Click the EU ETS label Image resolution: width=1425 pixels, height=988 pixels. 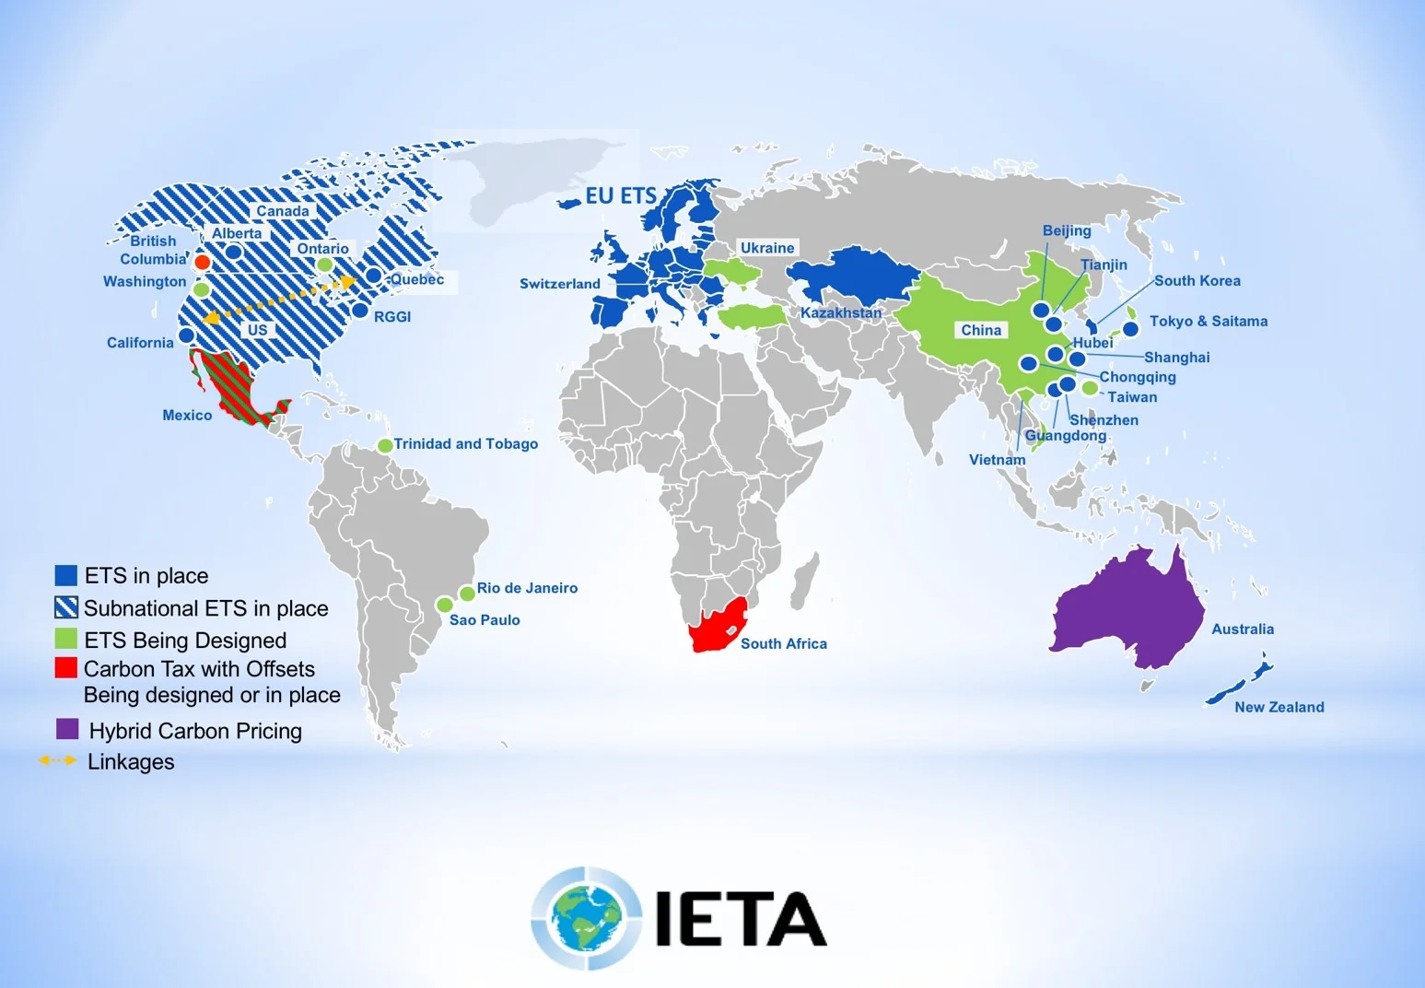coord(621,195)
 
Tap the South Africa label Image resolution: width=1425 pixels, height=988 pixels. coord(783,643)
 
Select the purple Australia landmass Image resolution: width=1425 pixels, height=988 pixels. coord(1128,608)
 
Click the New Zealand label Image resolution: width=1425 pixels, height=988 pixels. coord(1279,707)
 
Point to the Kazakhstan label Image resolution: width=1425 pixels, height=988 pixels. coord(840,312)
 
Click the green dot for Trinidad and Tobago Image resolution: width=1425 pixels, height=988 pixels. coord(385,445)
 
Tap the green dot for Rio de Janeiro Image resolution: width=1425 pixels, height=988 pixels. coord(467,594)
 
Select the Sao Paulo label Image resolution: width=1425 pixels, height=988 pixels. coord(485,619)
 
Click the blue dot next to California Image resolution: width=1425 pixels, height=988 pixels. coord(186,335)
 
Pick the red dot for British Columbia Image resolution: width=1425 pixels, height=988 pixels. coord(203,263)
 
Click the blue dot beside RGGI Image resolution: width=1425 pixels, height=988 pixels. coord(361,311)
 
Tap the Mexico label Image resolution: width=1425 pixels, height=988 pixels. coord(187,415)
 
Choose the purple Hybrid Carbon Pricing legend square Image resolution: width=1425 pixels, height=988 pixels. coord(67,729)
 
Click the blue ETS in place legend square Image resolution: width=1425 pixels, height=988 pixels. coord(65,575)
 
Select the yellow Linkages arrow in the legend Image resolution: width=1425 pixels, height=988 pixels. coord(57,760)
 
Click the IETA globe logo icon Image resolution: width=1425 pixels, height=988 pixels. coord(586,918)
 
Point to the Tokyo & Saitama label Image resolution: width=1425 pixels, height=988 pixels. coord(1208,321)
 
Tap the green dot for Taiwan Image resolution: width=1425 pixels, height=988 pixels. coord(1090,388)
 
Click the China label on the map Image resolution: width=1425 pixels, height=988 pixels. coord(981,330)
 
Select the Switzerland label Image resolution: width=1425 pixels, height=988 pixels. coord(559,284)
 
